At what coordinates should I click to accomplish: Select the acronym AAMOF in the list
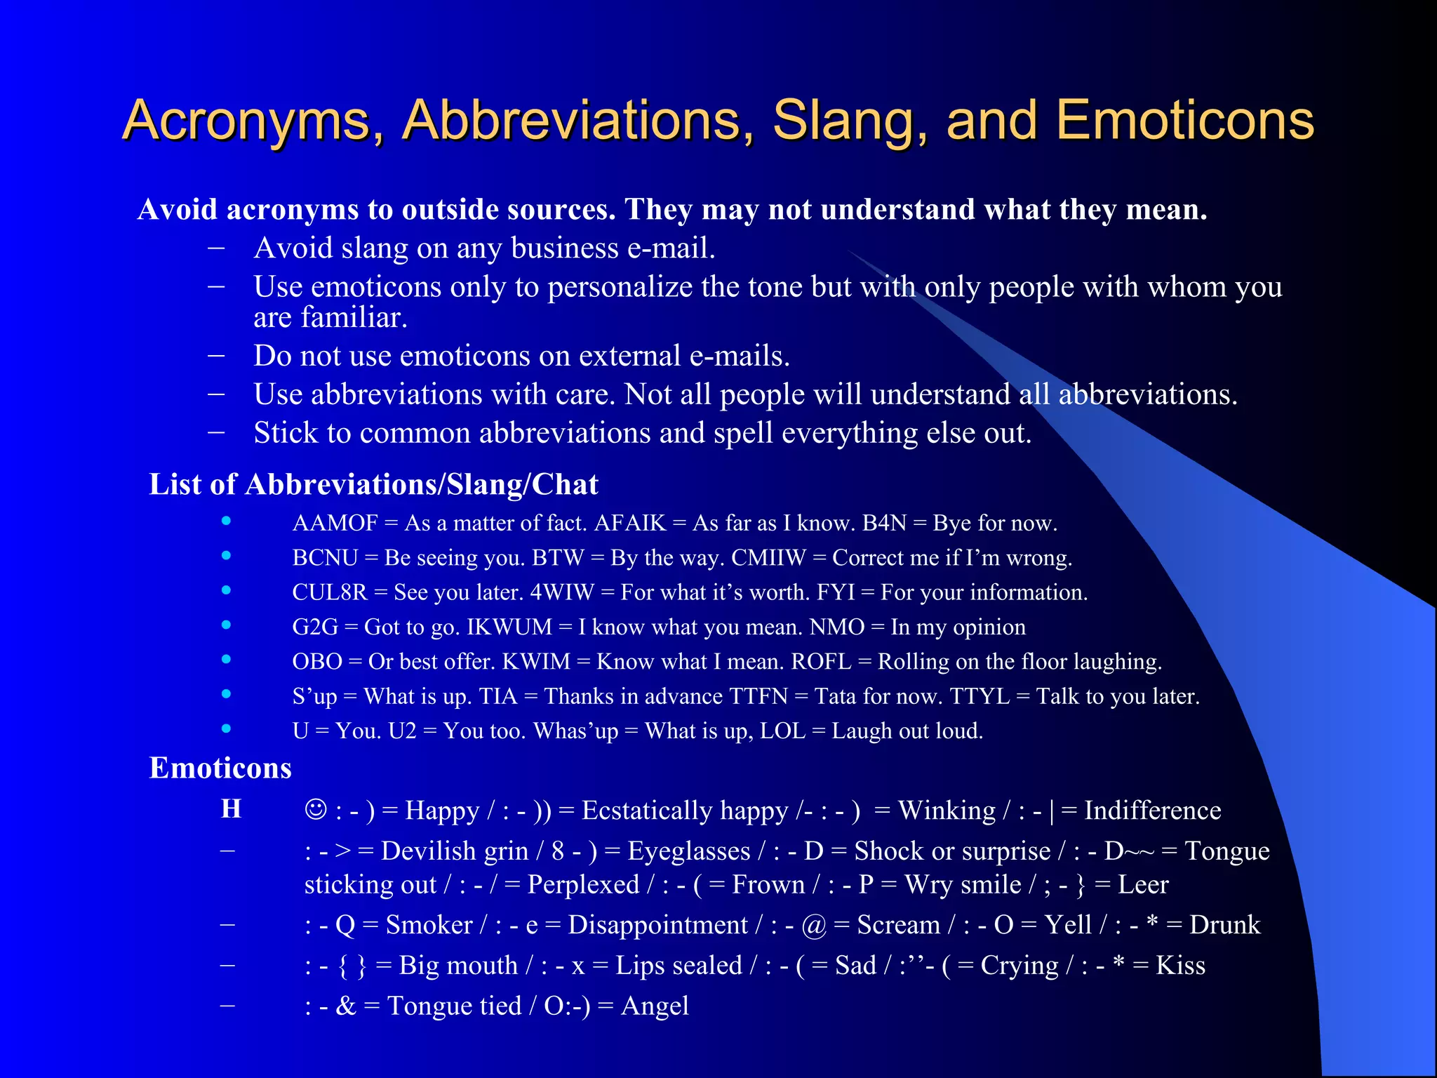[335, 523]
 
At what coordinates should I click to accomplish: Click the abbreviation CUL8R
[330, 592]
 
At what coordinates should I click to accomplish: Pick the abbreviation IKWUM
[509, 627]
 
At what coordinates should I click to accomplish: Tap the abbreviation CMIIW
[768, 558]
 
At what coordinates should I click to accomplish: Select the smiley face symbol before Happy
[316, 809]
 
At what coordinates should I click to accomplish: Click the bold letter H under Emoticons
[231, 808]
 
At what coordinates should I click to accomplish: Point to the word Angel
[655, 1006]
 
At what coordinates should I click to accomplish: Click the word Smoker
[429, 925]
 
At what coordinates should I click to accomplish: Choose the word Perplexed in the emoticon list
[583, 884]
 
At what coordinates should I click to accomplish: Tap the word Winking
[947, 811]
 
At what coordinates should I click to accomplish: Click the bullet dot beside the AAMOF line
[226, 521]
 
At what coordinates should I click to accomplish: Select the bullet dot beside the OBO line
[226, 659]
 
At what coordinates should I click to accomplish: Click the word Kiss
[1180, 966]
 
